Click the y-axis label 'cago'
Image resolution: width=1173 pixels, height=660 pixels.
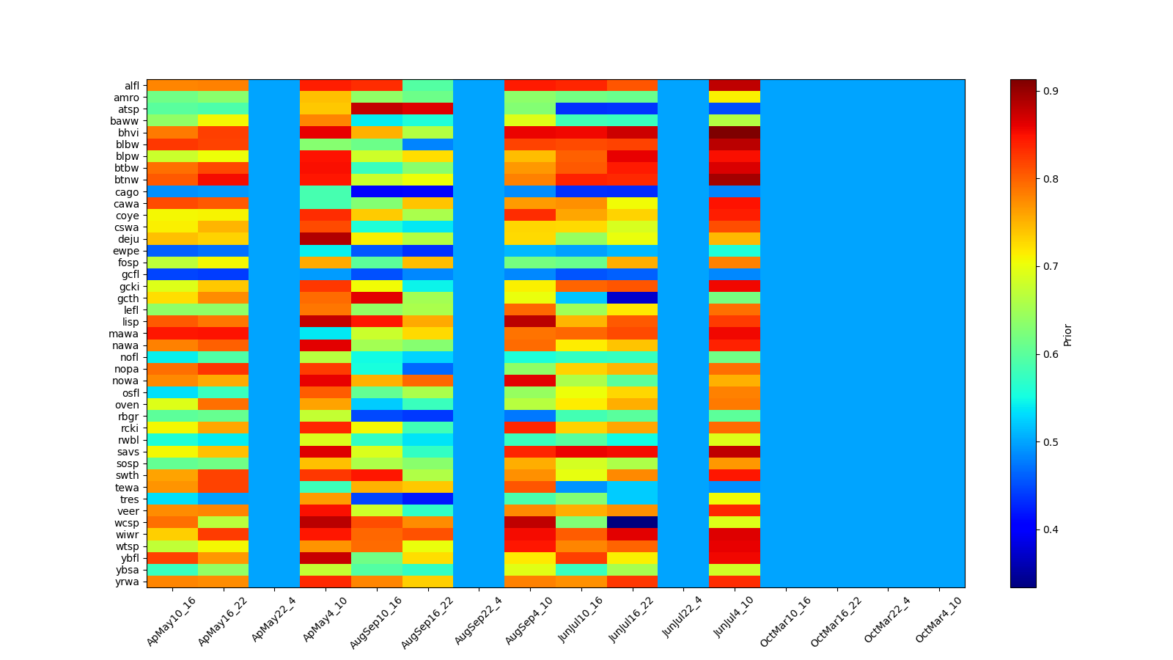pyautogui.click(x=126, y=192)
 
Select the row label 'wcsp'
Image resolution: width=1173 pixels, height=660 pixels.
pyautogui.click(x=126, y=523)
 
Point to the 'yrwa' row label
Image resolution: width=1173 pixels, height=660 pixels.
pyautogui.click(x=126, y=582)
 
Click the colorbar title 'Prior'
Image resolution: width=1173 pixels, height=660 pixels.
pyautogui.click(x=1067, y=334)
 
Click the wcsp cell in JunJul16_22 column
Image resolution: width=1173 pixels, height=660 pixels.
pyautogui.click(x=632, y=523)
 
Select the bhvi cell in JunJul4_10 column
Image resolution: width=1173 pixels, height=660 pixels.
pyautogui.click(x=735, y=133)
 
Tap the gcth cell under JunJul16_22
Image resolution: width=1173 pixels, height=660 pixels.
pyautogui.click(x=632, y=298)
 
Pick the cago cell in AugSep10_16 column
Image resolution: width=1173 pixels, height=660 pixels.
pyautogui.click(x=376, y=192)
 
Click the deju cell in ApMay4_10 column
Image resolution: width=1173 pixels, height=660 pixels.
pyautogui.click(x=326, y=239)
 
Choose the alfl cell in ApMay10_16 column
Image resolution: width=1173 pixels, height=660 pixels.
pyautogui.click(x=172, y=86)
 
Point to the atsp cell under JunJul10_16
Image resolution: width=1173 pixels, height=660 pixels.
pyautogui.click(x=581, y=109)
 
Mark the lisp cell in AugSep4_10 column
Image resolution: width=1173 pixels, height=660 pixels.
pyautogui.click(x=529, y=322)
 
